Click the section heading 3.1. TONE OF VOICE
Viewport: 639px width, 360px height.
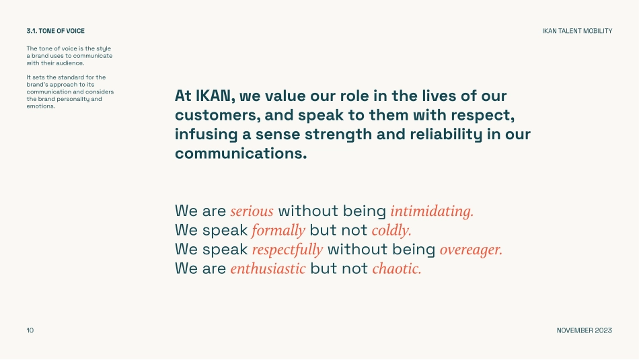point(55,31)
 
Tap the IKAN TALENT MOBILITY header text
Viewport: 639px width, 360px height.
point(577,31)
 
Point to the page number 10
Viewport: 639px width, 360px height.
point(30,330)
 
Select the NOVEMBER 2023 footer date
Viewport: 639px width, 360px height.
point(585,330)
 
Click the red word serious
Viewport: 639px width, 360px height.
point(252,211)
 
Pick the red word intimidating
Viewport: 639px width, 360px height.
point(432,211)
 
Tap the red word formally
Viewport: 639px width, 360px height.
point(278,230)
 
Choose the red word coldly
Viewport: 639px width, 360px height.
point(391,230)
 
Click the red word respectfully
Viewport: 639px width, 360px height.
point(288,250)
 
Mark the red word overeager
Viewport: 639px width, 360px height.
point(471,250)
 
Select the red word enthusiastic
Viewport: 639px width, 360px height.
point(268,268)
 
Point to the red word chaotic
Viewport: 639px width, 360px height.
point(397,268)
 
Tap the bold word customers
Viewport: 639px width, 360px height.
point(218,115)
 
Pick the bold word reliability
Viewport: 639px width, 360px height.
point(446,135)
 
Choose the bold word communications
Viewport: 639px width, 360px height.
point(241,153)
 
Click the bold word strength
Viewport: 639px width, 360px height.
point(338,135)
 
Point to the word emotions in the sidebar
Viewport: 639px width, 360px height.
point(41,106)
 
